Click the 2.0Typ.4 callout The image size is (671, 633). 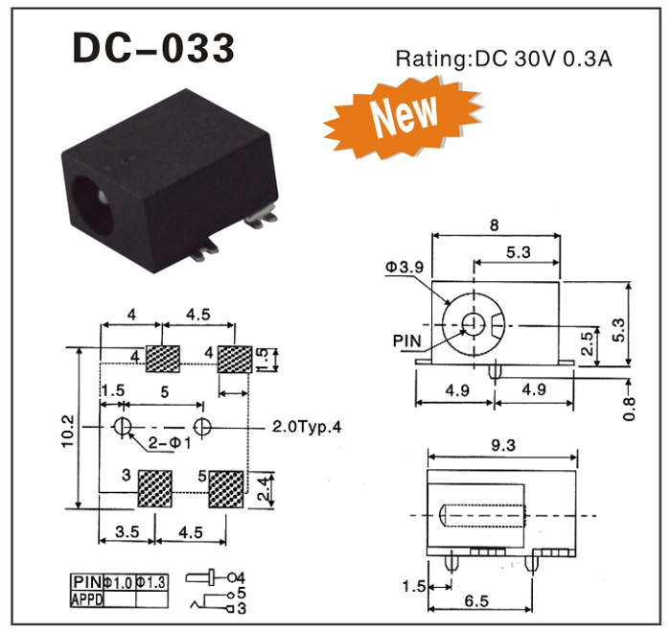tap(304, 427)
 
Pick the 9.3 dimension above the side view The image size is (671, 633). tap(499, 444)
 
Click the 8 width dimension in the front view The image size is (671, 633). tap(495, 224)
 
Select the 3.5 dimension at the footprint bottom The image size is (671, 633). tap(127, 530)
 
